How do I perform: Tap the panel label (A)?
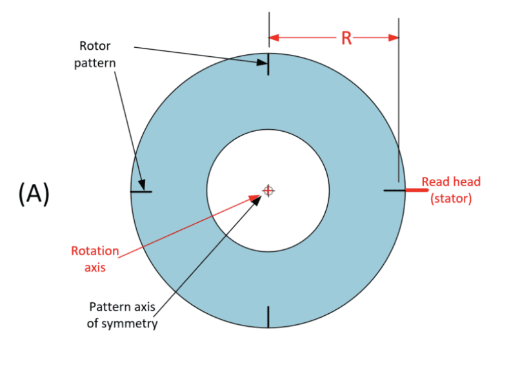click(34, 193)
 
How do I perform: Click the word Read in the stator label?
click(435, 182)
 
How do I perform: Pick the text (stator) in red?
click(451, 199)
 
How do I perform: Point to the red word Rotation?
click(95, 251)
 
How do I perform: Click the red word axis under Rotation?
click(95, 267)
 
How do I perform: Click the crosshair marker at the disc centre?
click(268, 190)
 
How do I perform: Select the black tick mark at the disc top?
click(268, 64)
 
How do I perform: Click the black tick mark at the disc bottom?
click(268, 316)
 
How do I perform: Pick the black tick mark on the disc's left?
click(141, 191)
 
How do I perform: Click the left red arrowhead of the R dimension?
click(274, 37)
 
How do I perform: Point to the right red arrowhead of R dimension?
click(393, 37)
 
